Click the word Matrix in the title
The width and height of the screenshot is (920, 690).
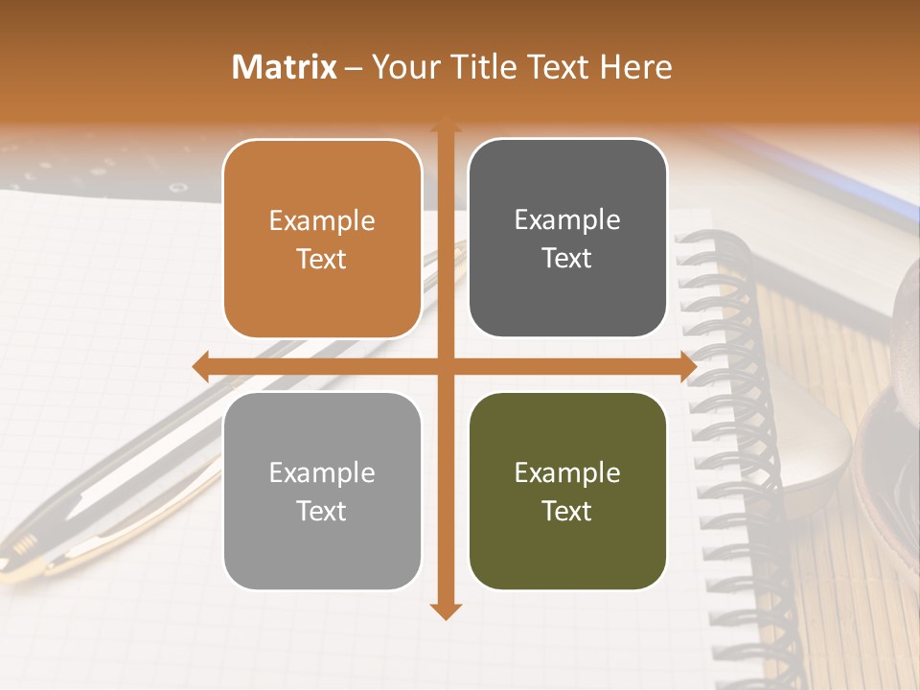click(285, 67)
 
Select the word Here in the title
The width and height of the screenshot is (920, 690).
click(636, 67)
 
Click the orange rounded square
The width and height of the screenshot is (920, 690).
click(322, 239)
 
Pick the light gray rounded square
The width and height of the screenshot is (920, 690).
click(322, 491)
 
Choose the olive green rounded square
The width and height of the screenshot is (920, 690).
click(567, 491)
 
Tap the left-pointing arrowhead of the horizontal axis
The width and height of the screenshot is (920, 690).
click(200, 366)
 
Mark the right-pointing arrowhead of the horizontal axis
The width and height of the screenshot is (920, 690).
click(687, 366)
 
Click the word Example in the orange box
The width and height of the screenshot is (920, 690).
click(322, 221)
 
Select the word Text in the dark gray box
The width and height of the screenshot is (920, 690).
click(567, 258)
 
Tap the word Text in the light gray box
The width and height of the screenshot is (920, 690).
click(322, 511)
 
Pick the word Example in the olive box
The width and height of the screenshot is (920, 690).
click(567, 472)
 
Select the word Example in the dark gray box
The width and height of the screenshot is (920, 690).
click(567, 220)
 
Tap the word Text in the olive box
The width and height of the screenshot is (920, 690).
click(567, 511)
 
